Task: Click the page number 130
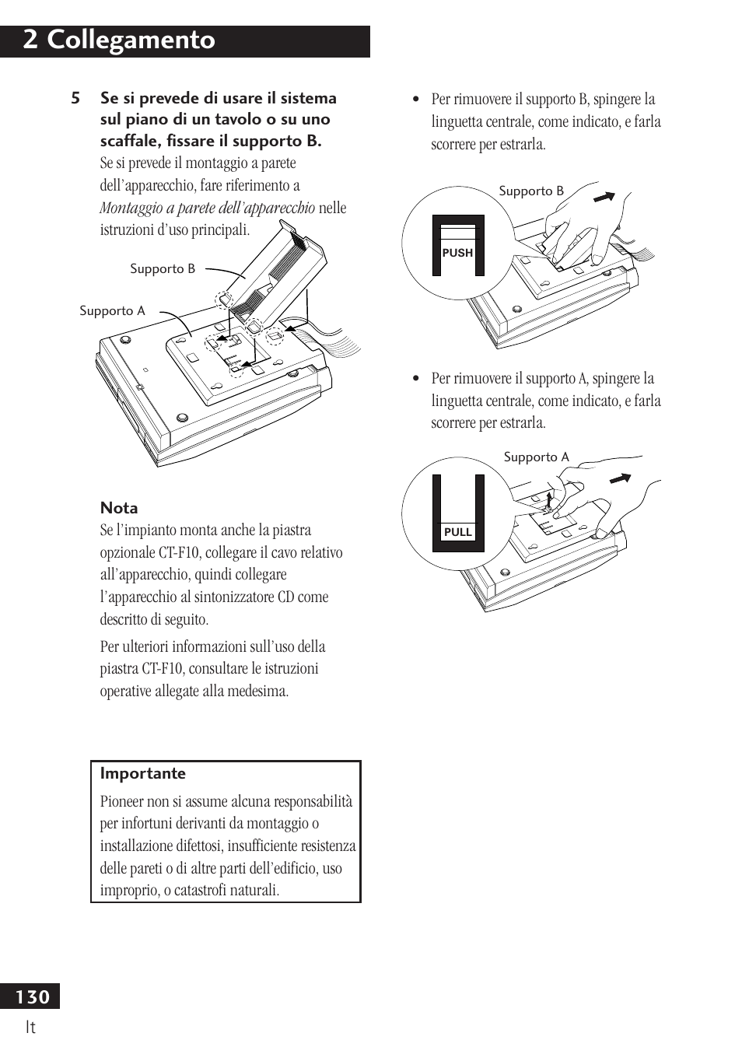click(32, 996)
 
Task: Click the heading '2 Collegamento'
click(119, 40)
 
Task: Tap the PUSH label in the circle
click(457, 253)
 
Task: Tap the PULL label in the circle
click(457, 532)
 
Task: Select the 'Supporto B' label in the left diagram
click(163, 269)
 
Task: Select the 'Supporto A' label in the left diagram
click(112, 311)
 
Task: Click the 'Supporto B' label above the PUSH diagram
click(531, 191)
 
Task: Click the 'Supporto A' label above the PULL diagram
click(536, 457)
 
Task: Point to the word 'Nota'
click(119, 508)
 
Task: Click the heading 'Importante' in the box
click(143, 773)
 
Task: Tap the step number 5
click(75, 99)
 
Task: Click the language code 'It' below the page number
click(30, 1028)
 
